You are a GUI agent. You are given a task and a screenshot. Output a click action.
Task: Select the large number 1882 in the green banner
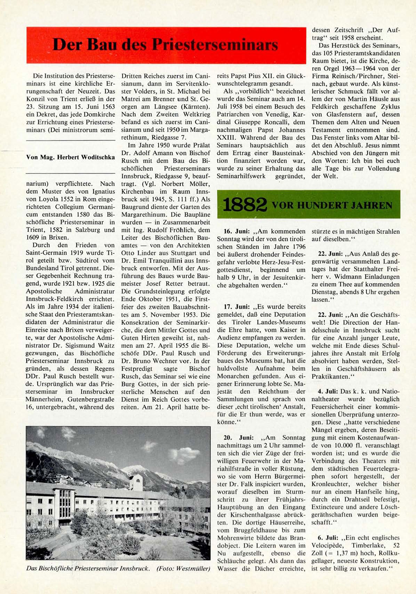pyautogui.click(x=245, y=205)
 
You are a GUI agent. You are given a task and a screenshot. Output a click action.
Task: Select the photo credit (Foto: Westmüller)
pyautogui.click(x=183, y=569)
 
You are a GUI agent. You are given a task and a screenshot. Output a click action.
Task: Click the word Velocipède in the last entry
pyautogui.click(x=327, y=545)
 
